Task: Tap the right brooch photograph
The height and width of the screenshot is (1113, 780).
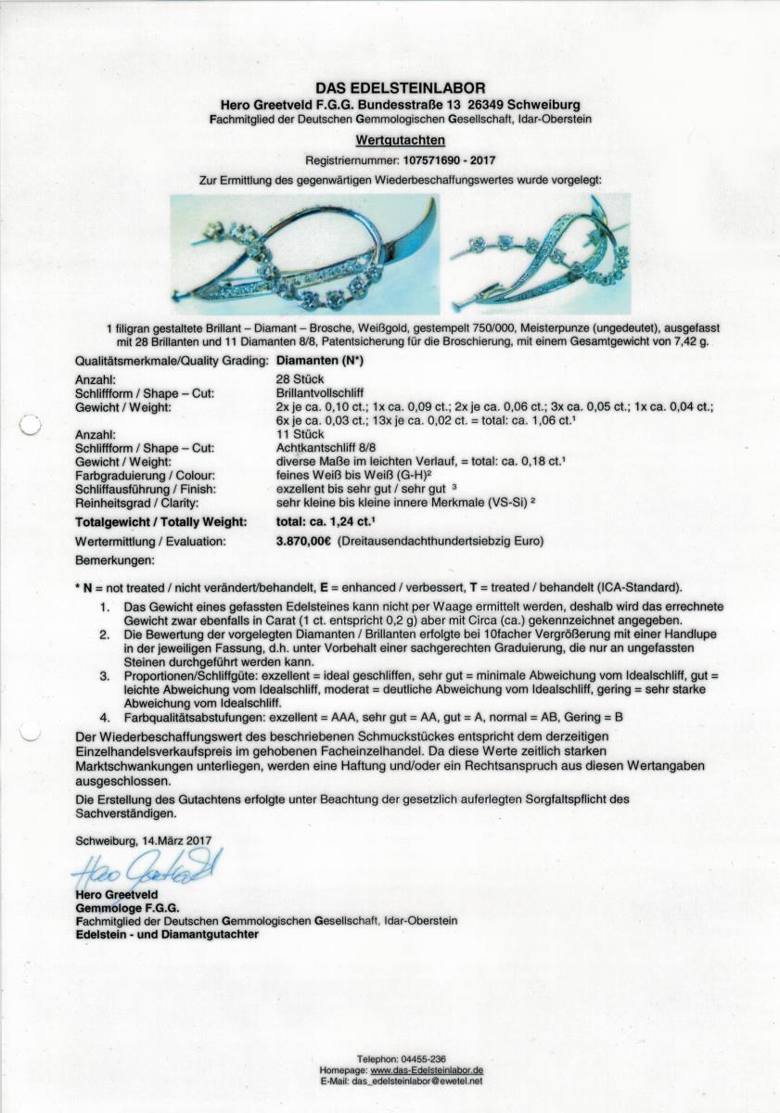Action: click(540, 254)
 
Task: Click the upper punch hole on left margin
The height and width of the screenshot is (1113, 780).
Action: click(31, 426)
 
